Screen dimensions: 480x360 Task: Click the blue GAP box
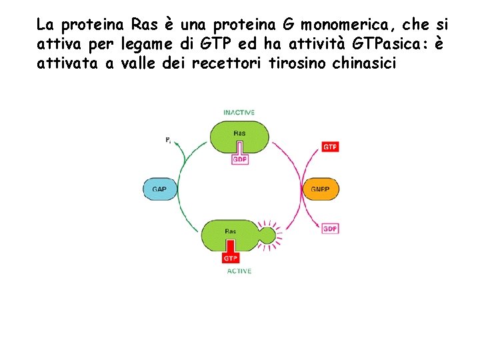click(x=159, y=189)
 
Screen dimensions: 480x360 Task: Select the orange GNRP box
click(x=320, y=189)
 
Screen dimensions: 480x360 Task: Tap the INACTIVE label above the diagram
click(x=239, y=113)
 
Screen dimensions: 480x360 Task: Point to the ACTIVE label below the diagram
click(x=239, y=271)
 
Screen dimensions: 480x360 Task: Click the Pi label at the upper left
click(x=168, y=140)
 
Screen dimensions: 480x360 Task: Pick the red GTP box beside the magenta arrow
click(x=330, y=146)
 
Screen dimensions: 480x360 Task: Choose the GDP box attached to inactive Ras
click(x=239, y=160)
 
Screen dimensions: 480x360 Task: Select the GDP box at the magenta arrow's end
click(x=330, y=229)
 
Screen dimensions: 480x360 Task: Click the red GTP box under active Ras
click(x=231, y=257)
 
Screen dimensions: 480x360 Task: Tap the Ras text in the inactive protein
click(x=239, y=133)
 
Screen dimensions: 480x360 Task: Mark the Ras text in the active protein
click(x=231, y=232)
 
